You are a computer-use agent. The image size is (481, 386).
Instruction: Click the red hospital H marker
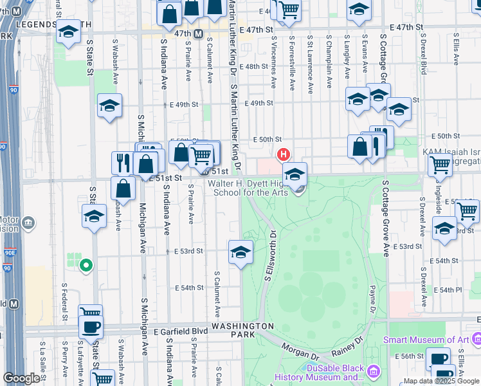pos(282,155)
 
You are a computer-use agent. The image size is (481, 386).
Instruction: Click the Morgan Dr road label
pos(299,352)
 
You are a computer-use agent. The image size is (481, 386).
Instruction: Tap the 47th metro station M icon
pos(199,33)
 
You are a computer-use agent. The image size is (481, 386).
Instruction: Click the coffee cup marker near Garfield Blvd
pos(91,327)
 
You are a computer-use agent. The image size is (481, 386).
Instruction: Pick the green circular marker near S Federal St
pos(85,264)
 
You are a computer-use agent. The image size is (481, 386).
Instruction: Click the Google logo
pos(21,378)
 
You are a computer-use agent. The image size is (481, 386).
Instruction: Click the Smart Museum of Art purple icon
pos(476,338)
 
